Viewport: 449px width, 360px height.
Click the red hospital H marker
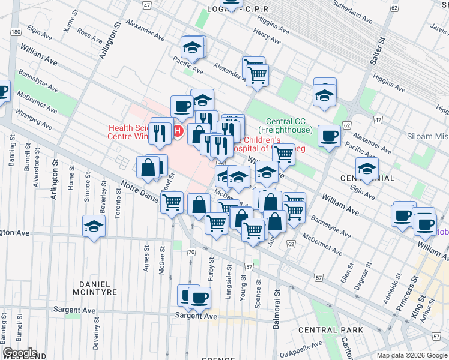(178, 130)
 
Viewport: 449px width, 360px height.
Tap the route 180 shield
(16, 31)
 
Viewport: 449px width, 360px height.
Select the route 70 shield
(191, 252)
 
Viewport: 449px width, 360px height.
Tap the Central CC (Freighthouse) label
(285, 125)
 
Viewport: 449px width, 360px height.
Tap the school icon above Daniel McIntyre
(94, 226)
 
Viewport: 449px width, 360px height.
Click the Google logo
(20, 353)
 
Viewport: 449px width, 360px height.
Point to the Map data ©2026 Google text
(411, 355)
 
